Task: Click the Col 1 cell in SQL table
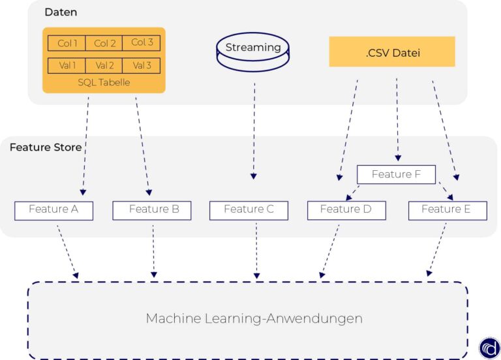tap(67, 43)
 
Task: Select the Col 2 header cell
tap(104, 43)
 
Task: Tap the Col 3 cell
tap(142, 43)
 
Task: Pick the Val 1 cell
tap(67, 65)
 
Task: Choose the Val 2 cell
tap(104, 65)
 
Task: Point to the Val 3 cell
tap(142, 65)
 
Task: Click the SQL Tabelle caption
tap(104, 82)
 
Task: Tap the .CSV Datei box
tap(392, 52)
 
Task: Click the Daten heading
tap(60, 12)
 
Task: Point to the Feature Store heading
tap(46, 147)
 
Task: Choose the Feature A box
tap(54, 210)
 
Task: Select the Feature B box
tap(152, 210)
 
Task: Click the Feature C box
tap(248, 210)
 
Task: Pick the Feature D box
tap(346, 210)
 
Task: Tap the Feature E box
tap(448, 210)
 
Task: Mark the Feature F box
tap(396, 174)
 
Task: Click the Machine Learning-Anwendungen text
tap(254, 319)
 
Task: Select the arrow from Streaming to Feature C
tap(254, 130)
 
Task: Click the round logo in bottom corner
tap(489, 348)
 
